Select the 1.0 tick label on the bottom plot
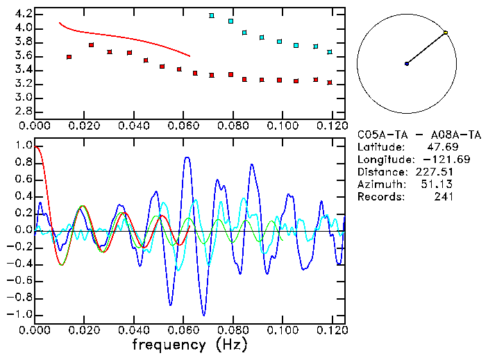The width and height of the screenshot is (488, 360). pyautogui.click(x=23, y=146)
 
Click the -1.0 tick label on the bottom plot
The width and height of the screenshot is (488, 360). pyautogui.click(x=20, y=314)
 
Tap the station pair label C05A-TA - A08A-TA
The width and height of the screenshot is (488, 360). pyautogui.click(x=406, y=135)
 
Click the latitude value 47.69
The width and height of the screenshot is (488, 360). pyautogui.click(x=439, y=147)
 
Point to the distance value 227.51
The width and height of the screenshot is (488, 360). pyautogui.click(x=437, y=172)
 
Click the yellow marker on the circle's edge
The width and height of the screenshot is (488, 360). pyautogui.click(x=445, y=33)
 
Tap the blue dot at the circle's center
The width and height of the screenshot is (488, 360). pyautogui.click(x=407, y=64)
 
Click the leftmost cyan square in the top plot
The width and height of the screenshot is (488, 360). pyautogui.click(x=212, y=15)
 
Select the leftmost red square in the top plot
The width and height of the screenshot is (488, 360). pyautogui.click(x=69, y=57)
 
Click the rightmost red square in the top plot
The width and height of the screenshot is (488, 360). pyautogui.click(x=330, y=83)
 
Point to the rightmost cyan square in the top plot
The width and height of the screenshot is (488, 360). pyautogui.click(x=330, y=52)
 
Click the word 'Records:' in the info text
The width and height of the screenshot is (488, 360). pyautogui.click(x=380, y=197)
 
